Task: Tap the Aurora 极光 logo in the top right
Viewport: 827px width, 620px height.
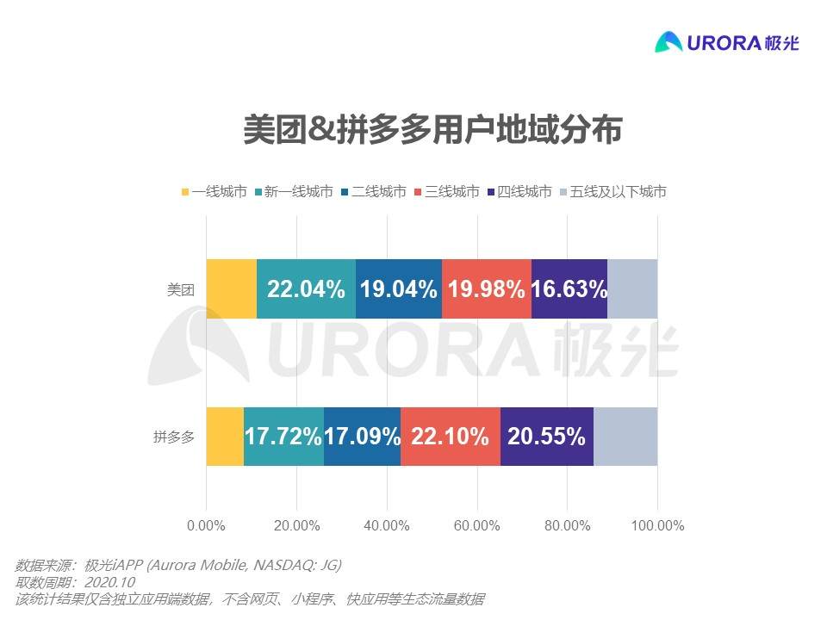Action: [x=726, y=41]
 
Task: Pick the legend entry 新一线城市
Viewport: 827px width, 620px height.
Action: [x=290, y=192]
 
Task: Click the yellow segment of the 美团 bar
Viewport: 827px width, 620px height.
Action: [x=231, y=288]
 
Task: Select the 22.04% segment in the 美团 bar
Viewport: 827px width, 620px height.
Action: [x=306, y=288]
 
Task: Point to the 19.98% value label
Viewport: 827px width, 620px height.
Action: [x=486, y=289]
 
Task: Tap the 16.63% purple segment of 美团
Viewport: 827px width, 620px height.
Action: [x=569, y=288]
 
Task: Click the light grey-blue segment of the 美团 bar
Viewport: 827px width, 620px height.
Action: [x=632, y=288]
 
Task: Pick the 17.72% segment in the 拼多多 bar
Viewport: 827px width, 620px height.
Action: [x=283, y=437]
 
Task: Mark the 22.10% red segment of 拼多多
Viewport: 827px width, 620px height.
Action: [x=450, y=437]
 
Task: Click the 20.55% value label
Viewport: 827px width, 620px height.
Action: [x=546, y=437]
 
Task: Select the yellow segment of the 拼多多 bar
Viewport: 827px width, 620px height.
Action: [x=225, y=437]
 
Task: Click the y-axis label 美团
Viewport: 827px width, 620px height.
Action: [x=181, y=290]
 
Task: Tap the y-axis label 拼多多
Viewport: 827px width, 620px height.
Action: [x=174, y=437]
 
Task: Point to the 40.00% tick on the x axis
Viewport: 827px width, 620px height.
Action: [x=387, y=525]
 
